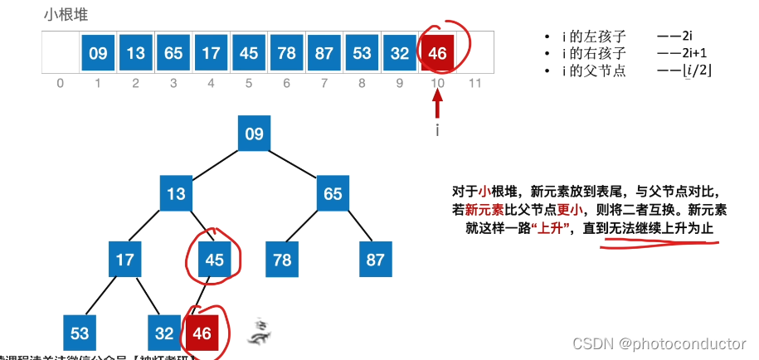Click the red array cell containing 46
[438, 53]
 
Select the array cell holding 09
[98, 53]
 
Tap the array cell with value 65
[173, 53]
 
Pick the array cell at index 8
[362, 53]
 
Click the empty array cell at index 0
[60, 53]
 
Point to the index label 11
[474, 84]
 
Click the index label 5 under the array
[249, 84]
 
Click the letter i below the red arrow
[438, 129]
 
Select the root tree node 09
[254, 134]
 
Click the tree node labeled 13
[176, 194]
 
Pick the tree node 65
[333, 194]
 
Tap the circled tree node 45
[214, 260]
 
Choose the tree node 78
[282, 260]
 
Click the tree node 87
[375, 260]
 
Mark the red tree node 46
[202, 333]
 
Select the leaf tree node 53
[80, 333]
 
